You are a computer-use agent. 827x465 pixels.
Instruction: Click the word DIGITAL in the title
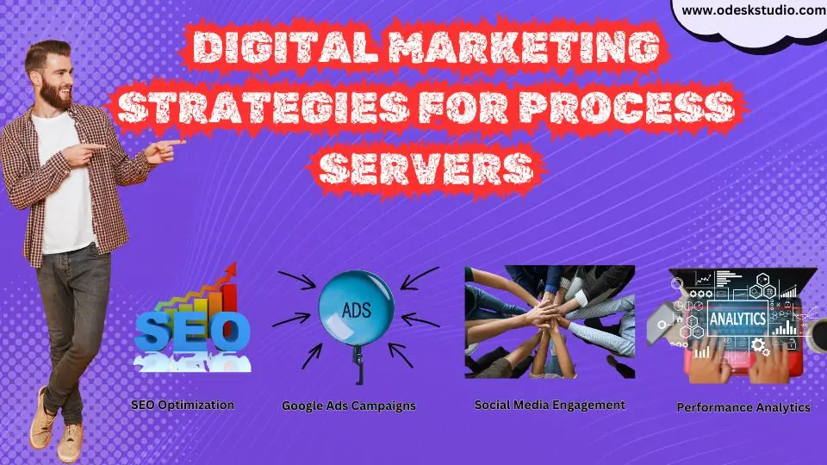[x=286, y=46]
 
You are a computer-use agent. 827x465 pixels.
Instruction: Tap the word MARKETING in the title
[x=525, y=46]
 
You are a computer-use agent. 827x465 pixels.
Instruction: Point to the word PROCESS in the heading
[x=627, y=108]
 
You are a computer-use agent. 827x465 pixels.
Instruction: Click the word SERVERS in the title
[x=426, y=168]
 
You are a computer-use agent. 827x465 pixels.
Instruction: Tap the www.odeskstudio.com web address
[x=754, y=10]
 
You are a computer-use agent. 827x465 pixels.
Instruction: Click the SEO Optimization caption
[x=183, y=406]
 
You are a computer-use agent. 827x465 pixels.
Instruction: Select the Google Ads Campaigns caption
[x=349, y=406]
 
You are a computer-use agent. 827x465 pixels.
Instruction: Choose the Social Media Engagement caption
[x=550, y=405]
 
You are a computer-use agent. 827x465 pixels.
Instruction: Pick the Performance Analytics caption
[x=743, y=407]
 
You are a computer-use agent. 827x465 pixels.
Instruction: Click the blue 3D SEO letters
[x=192, y=331]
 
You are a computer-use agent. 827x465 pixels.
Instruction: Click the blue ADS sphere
[x=356, y=308]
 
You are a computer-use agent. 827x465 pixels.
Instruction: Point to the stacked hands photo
[x=550, y=322]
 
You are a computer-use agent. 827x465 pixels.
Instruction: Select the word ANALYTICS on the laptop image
[x=737, y=319]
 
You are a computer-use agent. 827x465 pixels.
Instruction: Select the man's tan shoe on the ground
[x=70, y=442]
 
